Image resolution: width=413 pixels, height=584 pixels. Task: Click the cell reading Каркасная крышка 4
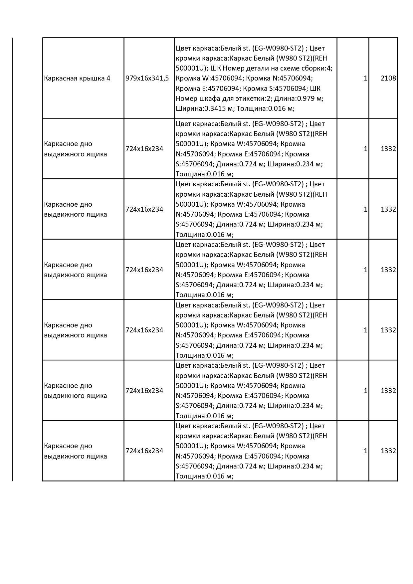click(77, 79)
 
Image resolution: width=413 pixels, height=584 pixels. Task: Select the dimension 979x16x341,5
click(147, 79)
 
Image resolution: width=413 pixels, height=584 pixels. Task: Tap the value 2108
click(388, 79)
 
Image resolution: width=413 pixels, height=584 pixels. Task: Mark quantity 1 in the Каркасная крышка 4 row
click(365, 79)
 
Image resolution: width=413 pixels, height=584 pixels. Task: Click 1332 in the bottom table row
click(388, 451)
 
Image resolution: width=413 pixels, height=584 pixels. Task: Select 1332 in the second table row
click(388, 149)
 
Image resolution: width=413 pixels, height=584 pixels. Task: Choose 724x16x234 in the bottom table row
click(144, 451)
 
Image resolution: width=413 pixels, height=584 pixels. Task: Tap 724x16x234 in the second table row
click(144, 149)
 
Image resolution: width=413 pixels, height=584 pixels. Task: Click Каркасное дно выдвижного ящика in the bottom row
click(76, 451)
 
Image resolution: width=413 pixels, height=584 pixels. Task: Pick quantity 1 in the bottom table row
click(365, 451)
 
